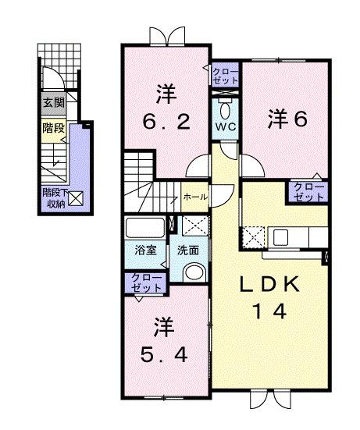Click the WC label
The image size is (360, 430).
click(225, 126)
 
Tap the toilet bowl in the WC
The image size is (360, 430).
click(225, 106)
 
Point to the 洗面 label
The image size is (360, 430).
click(187, 251)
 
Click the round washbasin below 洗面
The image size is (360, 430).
click(194, 273)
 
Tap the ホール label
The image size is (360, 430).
click(194, 197)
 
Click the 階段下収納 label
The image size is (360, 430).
click(53, 197)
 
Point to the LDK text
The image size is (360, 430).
click(269, 285)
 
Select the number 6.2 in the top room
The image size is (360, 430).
click(163, 122)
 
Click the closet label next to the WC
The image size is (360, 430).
click(226, 75)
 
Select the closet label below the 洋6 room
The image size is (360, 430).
click(308, 193)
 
